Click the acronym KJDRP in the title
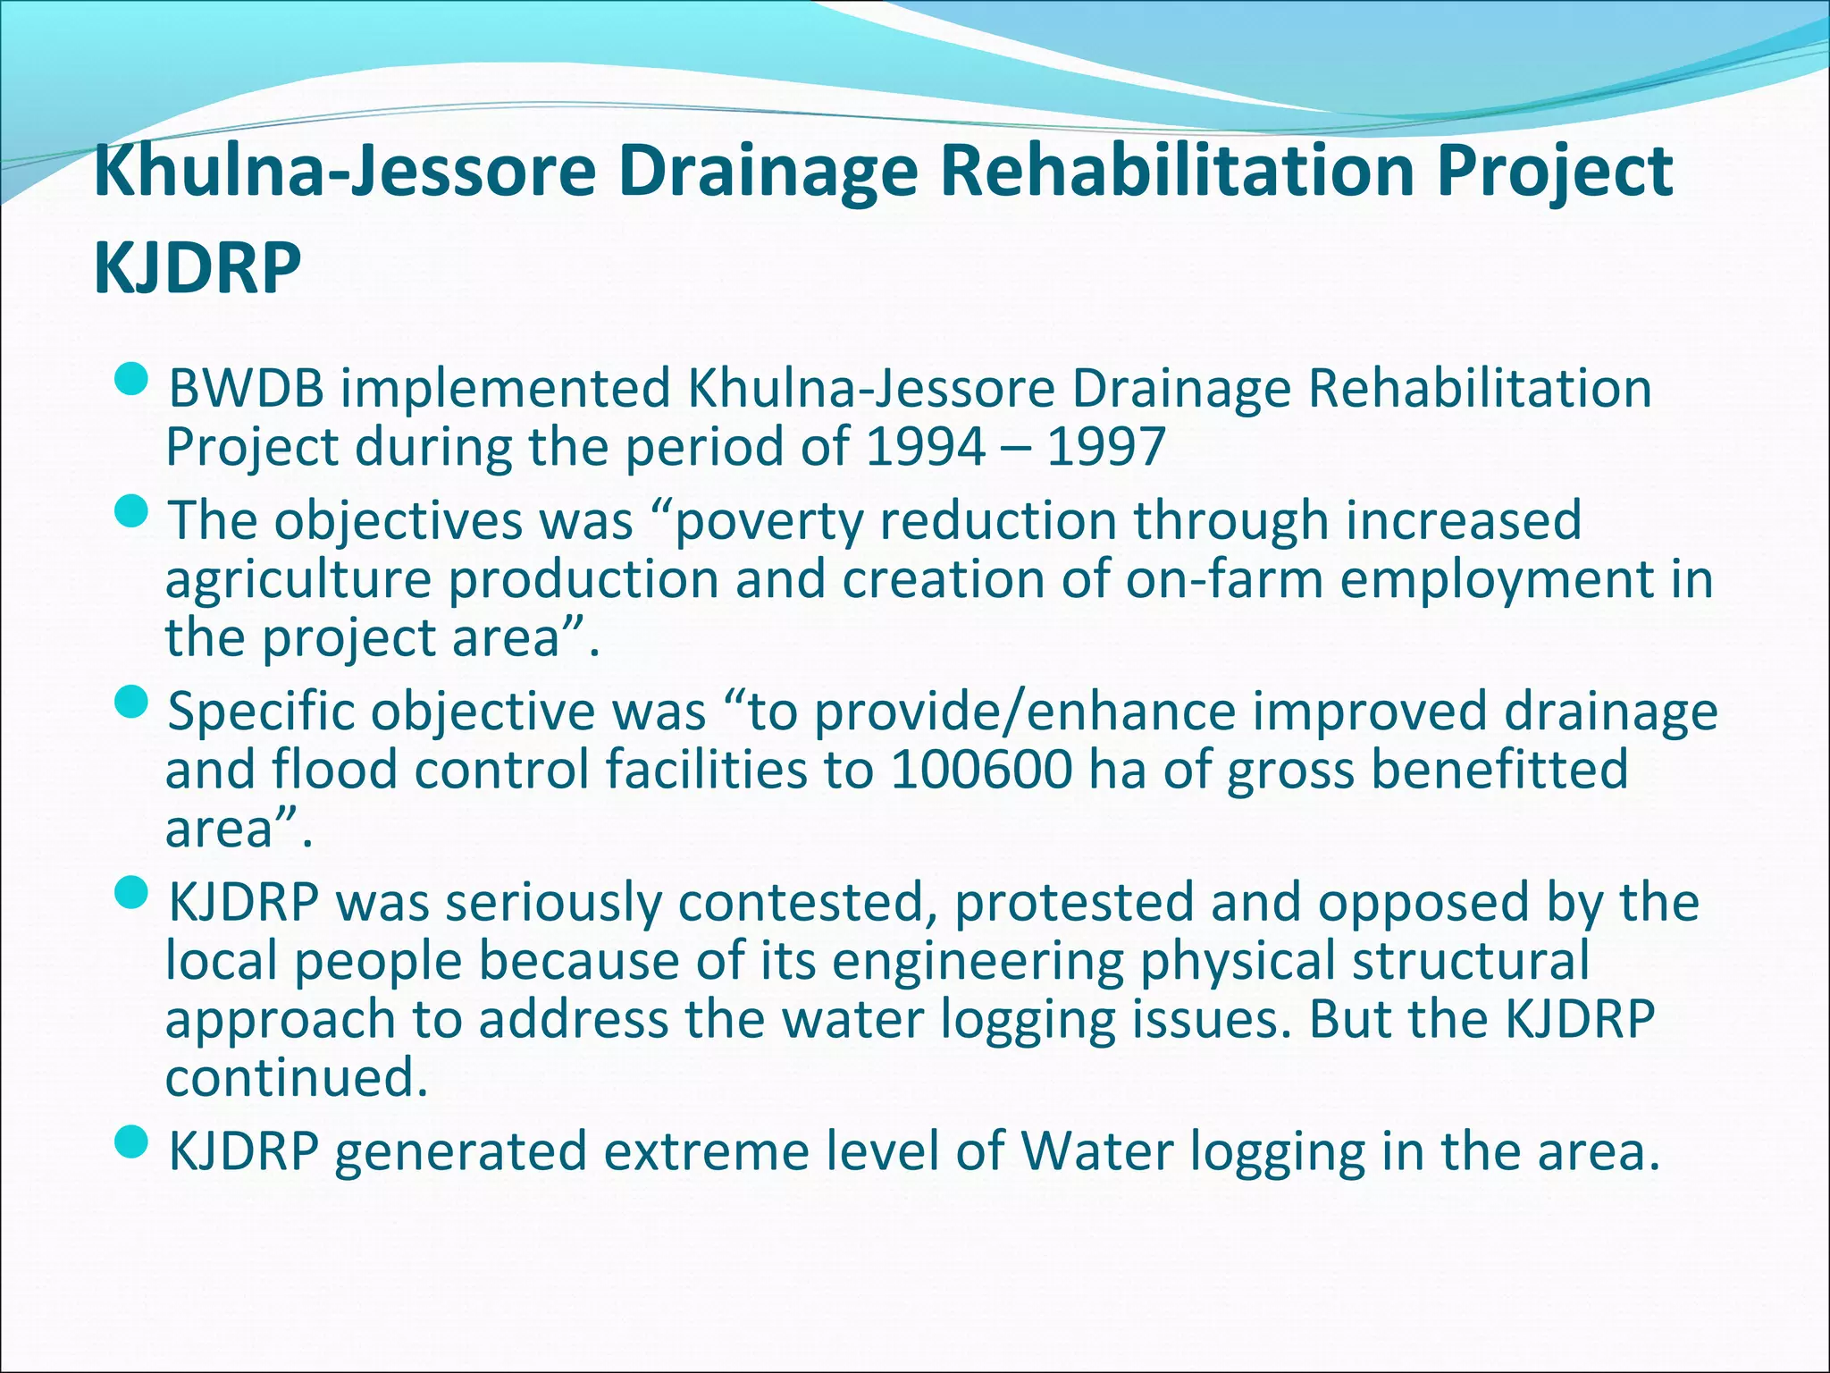coord(197,268)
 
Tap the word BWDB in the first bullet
coord(246,390)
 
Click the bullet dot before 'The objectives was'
coord(131,513)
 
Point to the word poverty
coord(767,522)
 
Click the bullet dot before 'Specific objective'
coord(131,703)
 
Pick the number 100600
coord(980,771)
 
